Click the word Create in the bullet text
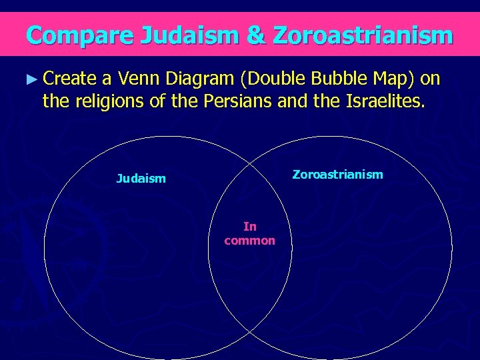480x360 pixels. coord(71,79)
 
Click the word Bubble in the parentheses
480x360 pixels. coord(337,79)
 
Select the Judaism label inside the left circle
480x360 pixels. coord(141,178)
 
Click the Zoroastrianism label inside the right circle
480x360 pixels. coord(338,175)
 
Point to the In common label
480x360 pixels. coord(249,234)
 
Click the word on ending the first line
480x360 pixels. coord(432,79)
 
